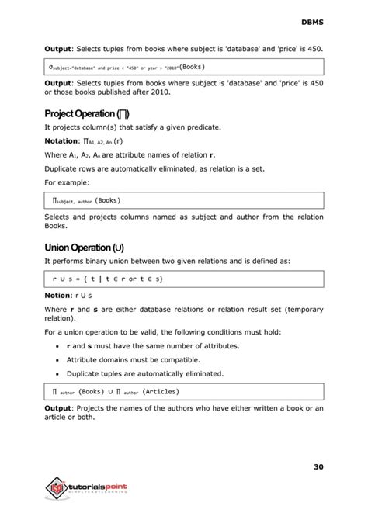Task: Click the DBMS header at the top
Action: (x=312, y=22)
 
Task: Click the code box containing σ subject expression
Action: (x=184, y=67)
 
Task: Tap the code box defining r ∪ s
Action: (x=184, y=278)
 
